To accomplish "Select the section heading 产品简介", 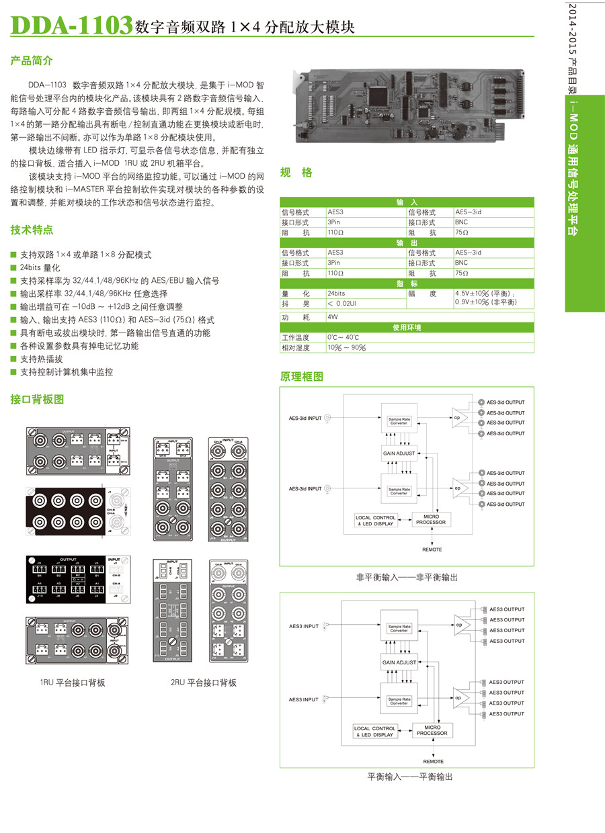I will (x=31, y=61).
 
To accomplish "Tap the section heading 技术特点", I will (x=31, y=230).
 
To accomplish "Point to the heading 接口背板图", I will (x=37, y=399).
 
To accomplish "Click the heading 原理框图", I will (x=301, y=376).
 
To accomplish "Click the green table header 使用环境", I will (x=407, y=327).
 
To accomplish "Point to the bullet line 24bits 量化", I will (x=41, y=268).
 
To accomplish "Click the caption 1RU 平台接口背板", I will (x=72, y=683).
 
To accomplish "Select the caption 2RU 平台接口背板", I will (x=203, y=683).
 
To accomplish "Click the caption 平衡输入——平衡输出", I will (x=409, y=777).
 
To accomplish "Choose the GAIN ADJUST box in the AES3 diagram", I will (x=399, y=662).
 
